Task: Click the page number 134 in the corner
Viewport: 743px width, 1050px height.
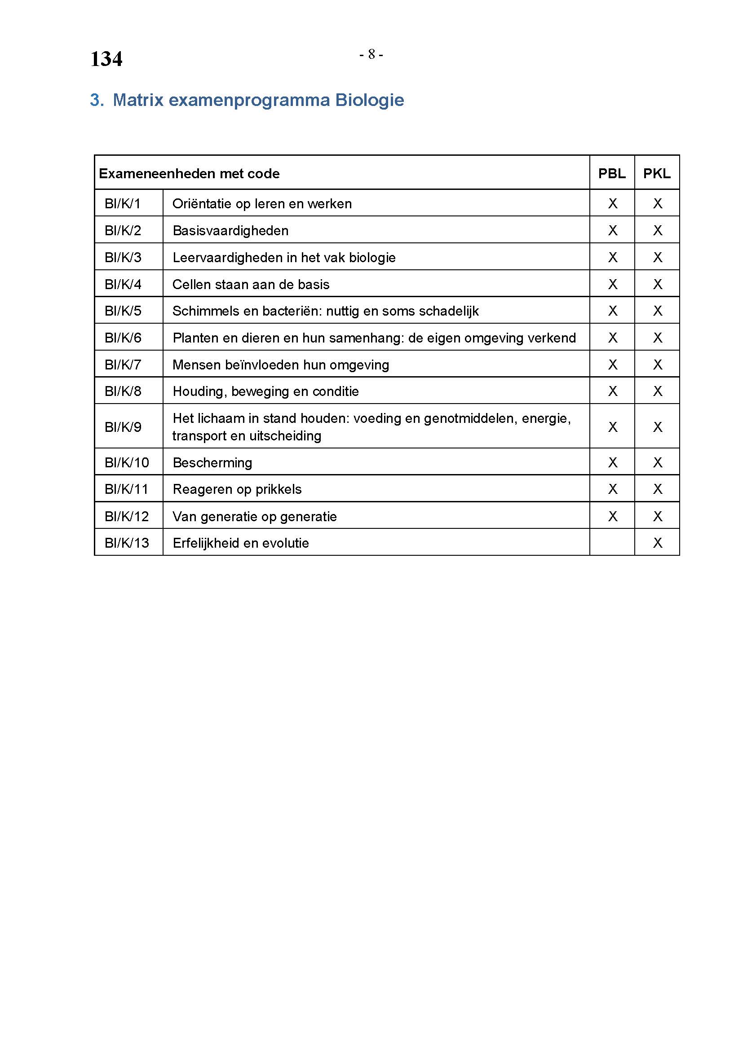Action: [106, 59]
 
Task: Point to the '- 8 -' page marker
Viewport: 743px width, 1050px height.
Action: [371, 54]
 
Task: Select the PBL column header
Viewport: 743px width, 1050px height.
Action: [612, 173]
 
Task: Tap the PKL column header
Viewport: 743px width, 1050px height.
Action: [657, 173]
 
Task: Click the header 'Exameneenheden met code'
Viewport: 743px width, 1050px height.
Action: [189, 174]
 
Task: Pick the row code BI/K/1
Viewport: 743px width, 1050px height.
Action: [122, 203]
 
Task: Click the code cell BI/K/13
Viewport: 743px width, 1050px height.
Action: [127, 543]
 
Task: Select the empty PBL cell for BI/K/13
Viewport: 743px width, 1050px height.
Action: [612, 542]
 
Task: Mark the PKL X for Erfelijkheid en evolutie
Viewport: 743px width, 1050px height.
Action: [658, 543]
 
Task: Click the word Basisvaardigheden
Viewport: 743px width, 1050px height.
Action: [230, 230]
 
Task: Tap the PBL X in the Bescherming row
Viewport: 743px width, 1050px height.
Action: [613, 462]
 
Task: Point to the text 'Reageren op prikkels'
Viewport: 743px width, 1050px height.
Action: [237, 489]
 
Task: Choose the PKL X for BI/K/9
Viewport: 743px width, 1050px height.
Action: [658, 426]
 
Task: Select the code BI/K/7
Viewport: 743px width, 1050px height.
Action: [123, 365]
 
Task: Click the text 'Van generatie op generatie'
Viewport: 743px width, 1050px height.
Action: [254, 516]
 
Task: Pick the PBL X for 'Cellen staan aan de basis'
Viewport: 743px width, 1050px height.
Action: [613, 285]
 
